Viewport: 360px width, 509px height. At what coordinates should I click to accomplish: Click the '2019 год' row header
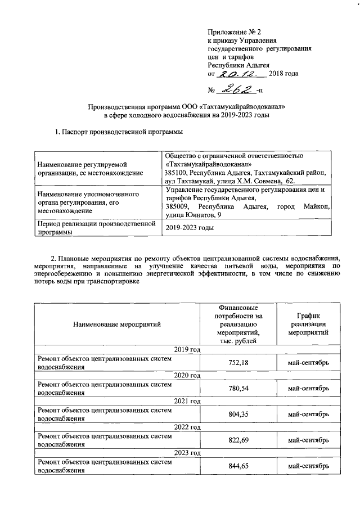tap(188, 350)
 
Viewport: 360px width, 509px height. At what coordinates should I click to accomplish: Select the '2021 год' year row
tap(188, 401)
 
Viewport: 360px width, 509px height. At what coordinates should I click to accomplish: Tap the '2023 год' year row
tap(188, 453)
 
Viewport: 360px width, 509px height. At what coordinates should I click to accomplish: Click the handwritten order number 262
tap(236, 89)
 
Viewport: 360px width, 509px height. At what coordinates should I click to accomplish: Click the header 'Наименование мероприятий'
tap(116, 324)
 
